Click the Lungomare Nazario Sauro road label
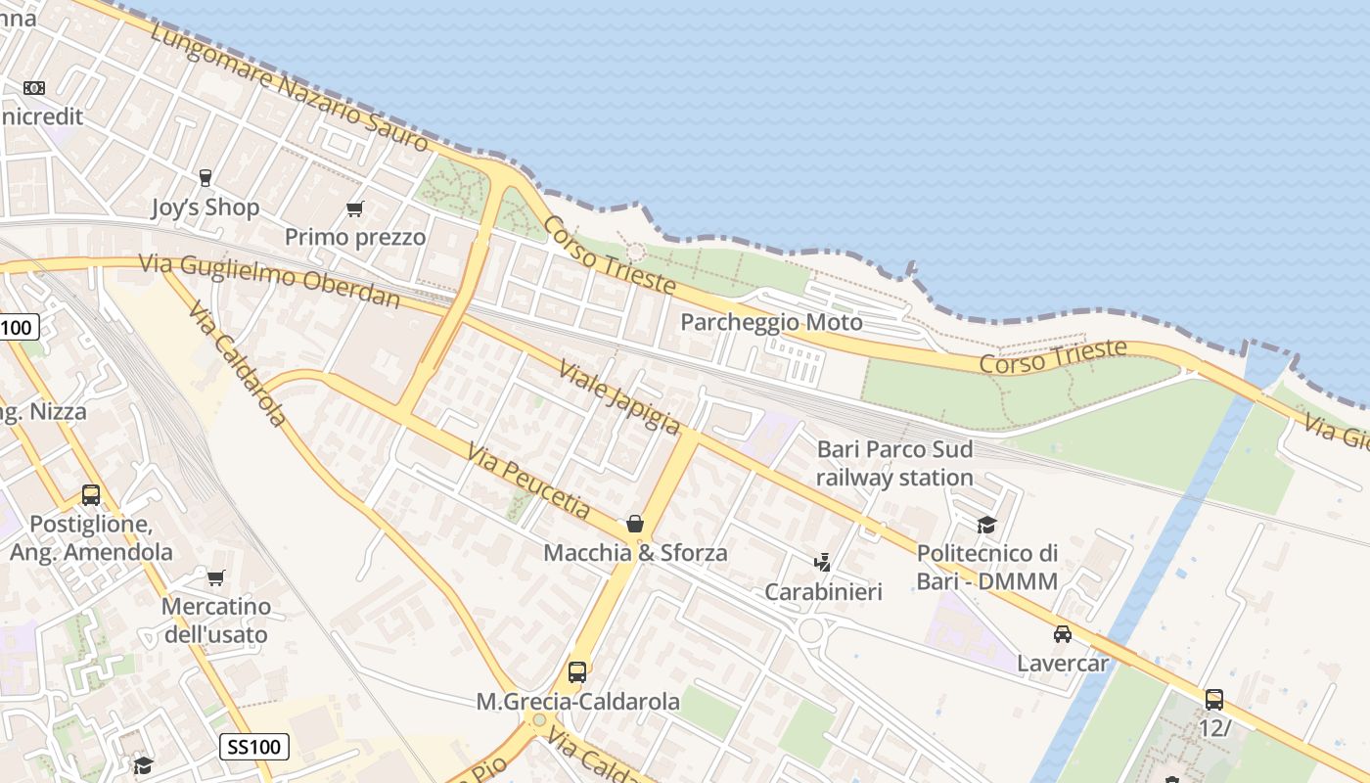point(291,88)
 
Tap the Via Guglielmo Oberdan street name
point(270,280)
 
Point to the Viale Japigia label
point(619,396)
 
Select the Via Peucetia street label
point(528,482)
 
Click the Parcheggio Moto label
point(771,322)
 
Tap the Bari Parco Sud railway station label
point(894,463)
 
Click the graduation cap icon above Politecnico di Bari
point(986,526)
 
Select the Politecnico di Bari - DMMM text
point(986,568)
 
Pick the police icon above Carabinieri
point(823,563)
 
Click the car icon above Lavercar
point(1063,634)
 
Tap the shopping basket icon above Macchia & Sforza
point(635,524)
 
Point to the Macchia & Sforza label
point(635,553)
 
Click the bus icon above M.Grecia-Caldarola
point(577,672)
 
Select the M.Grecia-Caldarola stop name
point(577,702)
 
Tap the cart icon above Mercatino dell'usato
point(215,577)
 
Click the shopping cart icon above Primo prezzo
point(355,208)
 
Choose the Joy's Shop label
point(205,207)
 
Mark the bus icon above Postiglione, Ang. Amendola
point(91,495)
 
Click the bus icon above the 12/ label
point(1214,700)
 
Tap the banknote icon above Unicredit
point(34,88)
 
